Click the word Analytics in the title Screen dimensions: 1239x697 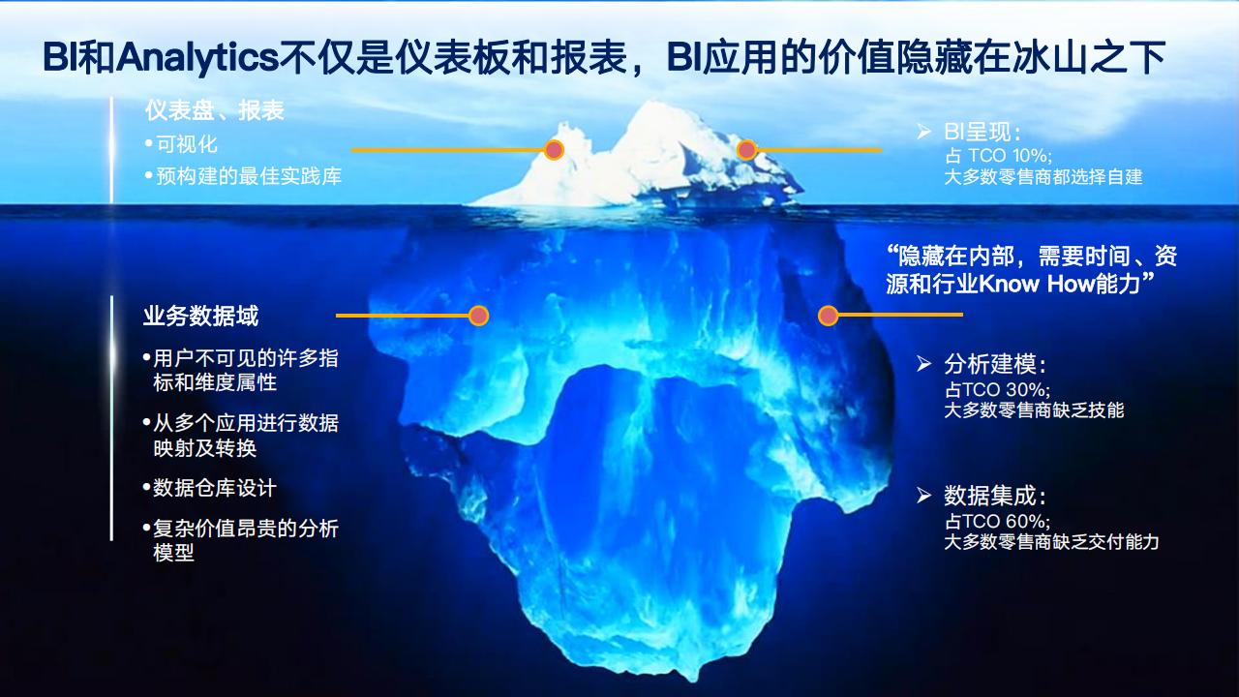point(196,57)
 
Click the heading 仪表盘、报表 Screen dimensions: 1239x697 point(215,110)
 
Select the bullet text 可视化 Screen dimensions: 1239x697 point(187,144)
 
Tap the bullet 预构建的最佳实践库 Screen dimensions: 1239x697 point(249,176)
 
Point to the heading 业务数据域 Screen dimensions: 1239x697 point(200,316)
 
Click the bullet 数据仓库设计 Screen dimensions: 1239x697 point(214,488)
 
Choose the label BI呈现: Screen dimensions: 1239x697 point(982,132)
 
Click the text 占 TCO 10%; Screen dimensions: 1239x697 point(998,156)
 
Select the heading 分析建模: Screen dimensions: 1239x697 point(995,364)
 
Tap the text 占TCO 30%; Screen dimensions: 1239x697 point(997,390)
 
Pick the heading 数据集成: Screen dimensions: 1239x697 point(995,496)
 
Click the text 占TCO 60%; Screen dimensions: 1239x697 point(997,521)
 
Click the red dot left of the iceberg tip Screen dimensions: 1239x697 point(554,150)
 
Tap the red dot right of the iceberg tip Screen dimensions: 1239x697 point(746,150)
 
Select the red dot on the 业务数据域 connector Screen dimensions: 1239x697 point(478,316)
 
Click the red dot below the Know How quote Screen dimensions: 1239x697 point(828,316)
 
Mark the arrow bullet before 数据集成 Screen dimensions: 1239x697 point(923,495)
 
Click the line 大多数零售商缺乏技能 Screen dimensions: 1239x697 point(1035,410)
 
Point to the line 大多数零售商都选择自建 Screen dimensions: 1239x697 point(1043,177)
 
